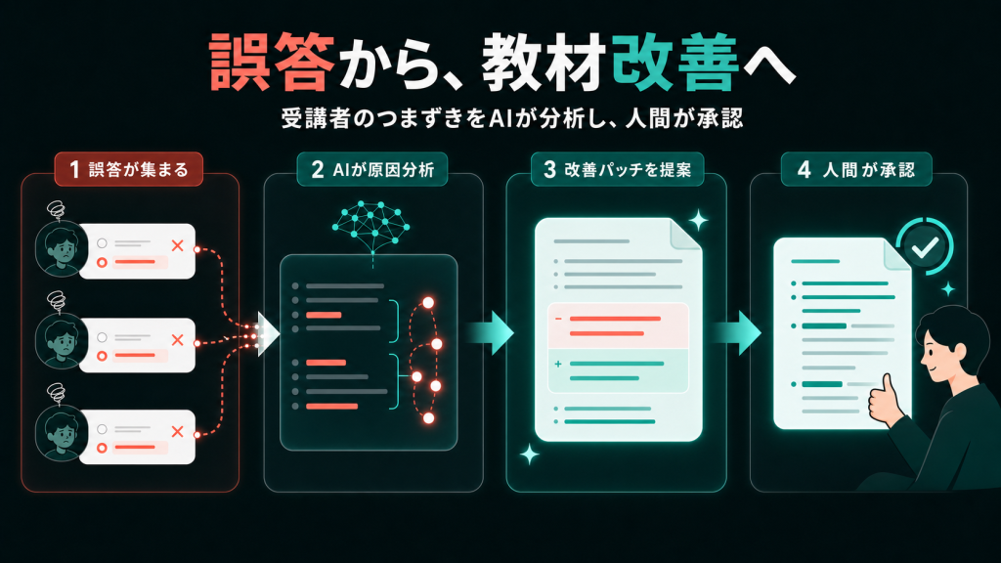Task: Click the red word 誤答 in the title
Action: [x=272, y=62]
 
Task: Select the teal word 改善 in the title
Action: [x=675, y=62]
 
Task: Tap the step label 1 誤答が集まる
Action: [x=129, y=169]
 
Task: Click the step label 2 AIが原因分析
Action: [x=372, y=169]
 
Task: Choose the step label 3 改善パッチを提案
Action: [x=618, y=169]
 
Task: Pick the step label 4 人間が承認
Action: [x=856, y=169]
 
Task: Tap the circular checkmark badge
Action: [x=925, y=246]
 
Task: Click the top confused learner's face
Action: [x=62, y=248]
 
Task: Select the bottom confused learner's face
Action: [x=62, y=433]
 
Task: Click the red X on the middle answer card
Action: [x=178, y=339]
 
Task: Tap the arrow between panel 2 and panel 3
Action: [x=491, y=332]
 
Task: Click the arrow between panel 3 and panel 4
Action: [x=737, y=332]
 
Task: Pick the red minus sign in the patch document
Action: [x=558, y=319]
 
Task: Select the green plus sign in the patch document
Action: [x=558, y=364]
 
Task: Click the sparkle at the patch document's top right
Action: [x=698, y=220]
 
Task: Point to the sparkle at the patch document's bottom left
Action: [x=529, y=455]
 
